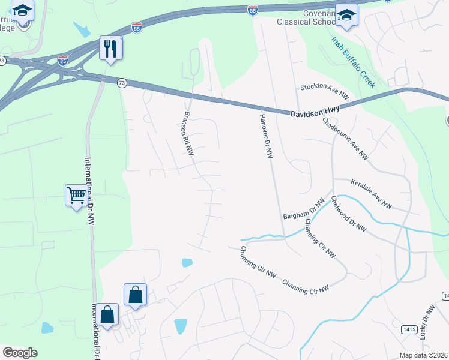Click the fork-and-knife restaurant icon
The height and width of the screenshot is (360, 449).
(x=110, y=48)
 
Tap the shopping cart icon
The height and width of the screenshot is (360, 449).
(x=76, y=195)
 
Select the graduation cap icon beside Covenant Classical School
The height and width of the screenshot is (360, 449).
(x=346, y=16)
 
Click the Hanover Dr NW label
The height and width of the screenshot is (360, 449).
(x=267, y=136)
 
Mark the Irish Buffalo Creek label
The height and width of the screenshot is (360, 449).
(x=353, y=62)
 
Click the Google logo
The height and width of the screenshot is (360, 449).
(x=20, y=353)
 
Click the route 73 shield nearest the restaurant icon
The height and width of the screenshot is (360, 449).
(x=122, y=84)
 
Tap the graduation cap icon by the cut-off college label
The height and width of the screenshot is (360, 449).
(x=23, y=11)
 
